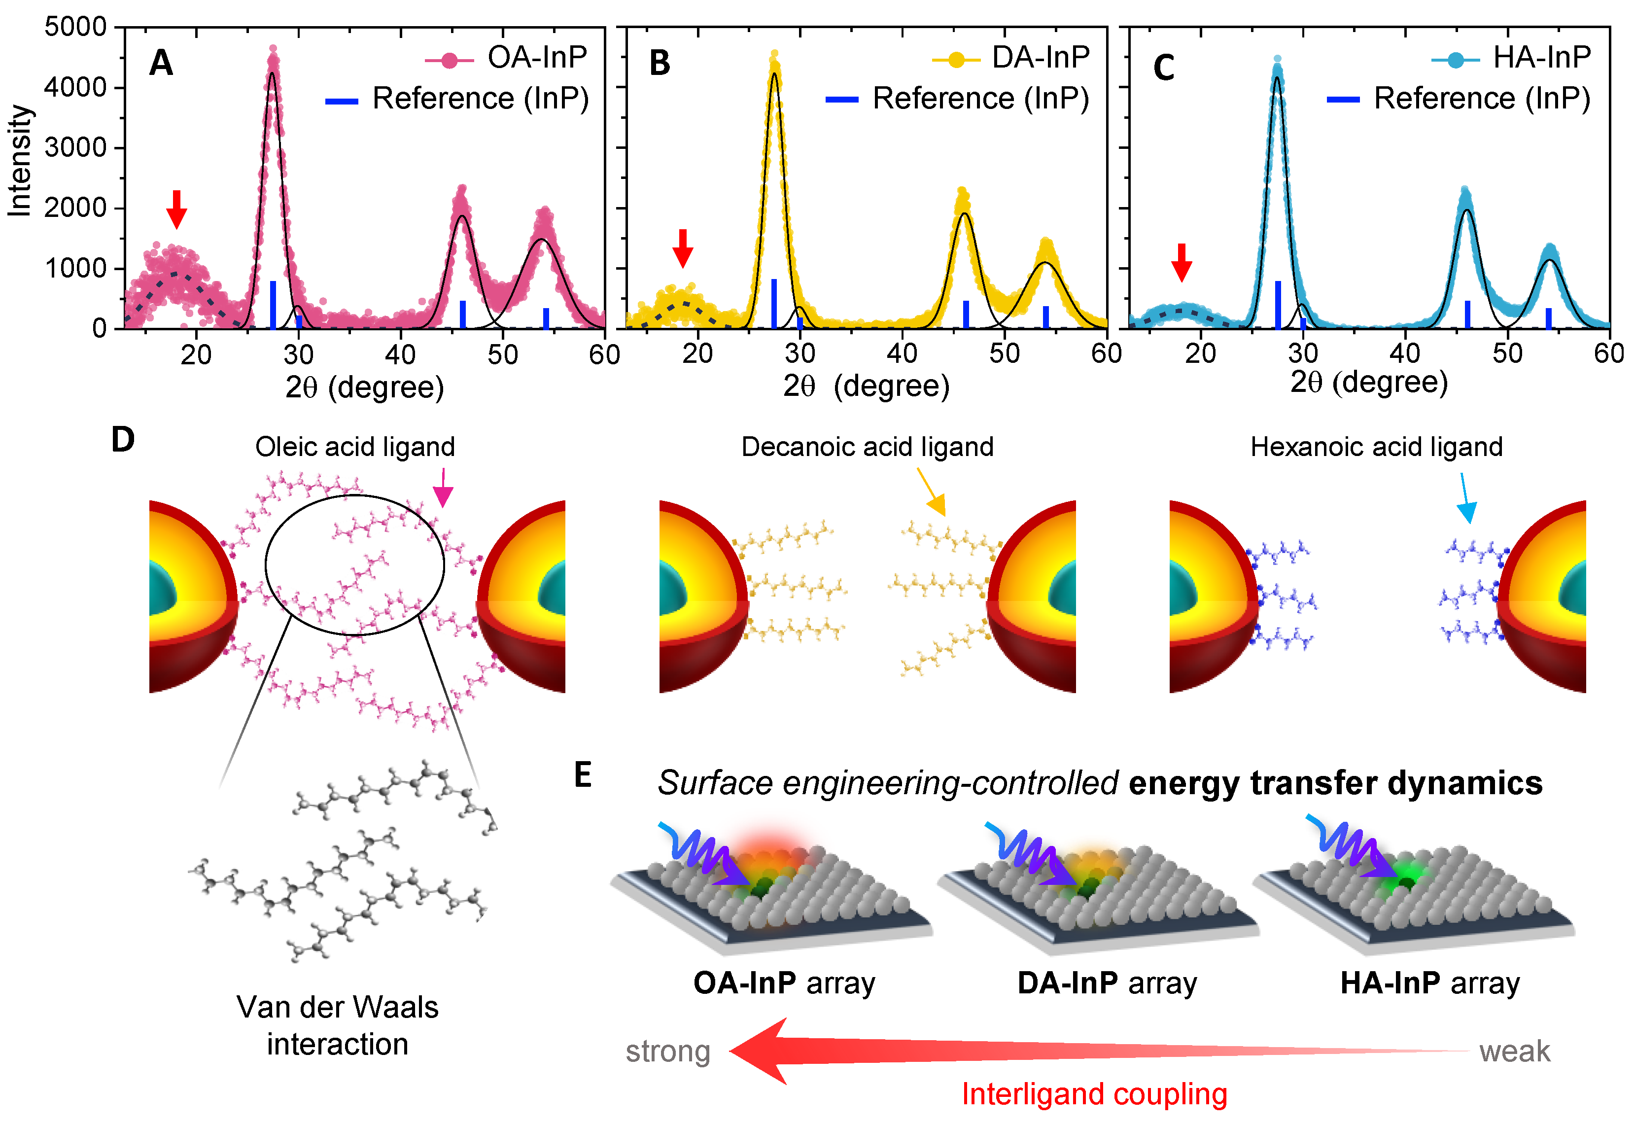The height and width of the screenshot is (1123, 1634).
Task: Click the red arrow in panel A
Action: pos(176,209)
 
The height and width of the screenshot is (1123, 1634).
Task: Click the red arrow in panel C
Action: pos(1182,262)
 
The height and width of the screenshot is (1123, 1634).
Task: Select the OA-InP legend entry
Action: pos(506,58)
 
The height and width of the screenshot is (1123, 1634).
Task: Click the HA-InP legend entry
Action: pos(1512,58)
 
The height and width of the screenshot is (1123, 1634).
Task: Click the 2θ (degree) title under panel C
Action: pos(1369,382)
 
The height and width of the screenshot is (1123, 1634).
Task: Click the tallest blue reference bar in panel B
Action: pos(774,303)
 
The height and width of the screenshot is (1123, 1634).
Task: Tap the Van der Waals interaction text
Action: pos(338,1025)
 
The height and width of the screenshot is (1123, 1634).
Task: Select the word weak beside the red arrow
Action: pos(1514,1051)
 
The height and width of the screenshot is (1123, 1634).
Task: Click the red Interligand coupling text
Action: pos(1094,1094)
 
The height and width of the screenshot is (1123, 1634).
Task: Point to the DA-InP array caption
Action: pos(1107,983)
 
